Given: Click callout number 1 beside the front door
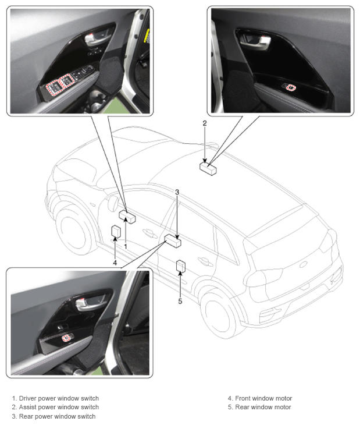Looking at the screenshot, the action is click(126, 246).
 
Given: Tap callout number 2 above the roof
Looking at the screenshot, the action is click(205, 123).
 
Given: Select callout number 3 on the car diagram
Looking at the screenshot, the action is click(177, 192).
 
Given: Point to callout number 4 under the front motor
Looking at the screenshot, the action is click(115, 263).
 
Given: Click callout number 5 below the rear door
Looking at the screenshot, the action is click(180, 301).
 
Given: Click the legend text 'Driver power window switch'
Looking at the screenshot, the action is click(59, 398).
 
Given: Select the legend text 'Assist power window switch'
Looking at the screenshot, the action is click(59, 407).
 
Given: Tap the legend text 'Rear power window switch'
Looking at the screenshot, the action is click(57, 416).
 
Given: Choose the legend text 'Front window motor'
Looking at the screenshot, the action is click(263, 398).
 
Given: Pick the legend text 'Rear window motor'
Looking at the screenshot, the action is click(263, 407).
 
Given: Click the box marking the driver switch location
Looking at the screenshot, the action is click(127, 217).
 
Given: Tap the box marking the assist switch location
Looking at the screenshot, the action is click(208, 168).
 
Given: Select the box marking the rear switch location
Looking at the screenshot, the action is click(173, 240).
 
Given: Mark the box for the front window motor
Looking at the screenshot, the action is click(116, 232).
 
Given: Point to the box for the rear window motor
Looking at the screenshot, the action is click(181, 266).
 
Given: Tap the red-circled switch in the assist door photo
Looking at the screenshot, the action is click(291, 87).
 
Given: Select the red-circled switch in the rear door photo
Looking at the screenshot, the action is click(66, 338).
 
